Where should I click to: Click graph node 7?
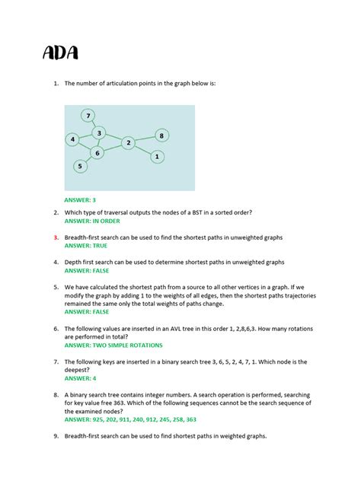(89, 116)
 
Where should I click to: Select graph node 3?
(99, 133)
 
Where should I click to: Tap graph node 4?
(72, 139)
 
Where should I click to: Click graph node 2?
(129, 142)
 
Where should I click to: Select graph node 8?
(161, 135)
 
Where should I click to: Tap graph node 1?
(157, 157)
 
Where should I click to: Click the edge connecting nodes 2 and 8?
(145, 139)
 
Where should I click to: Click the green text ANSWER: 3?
(80, 200)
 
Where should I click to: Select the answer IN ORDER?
(92, 221)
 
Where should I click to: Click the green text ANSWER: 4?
(80, 377)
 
